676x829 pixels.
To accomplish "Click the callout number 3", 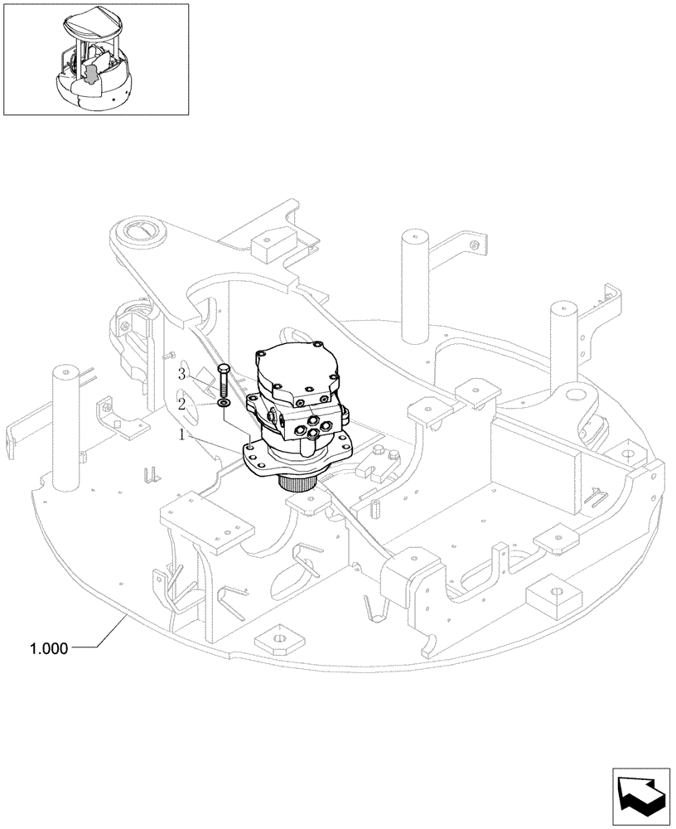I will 181,375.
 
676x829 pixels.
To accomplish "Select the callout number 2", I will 181,404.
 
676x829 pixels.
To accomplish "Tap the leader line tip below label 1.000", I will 126,618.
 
